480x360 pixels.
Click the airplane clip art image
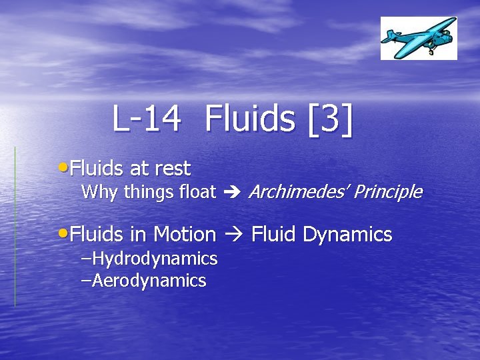419,38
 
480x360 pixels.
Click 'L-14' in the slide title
147,119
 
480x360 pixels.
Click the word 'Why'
99,193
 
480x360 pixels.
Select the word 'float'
198,193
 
